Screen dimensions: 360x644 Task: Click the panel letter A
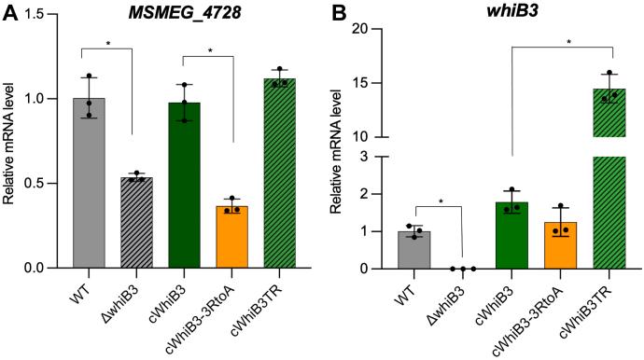click(9, 13)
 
